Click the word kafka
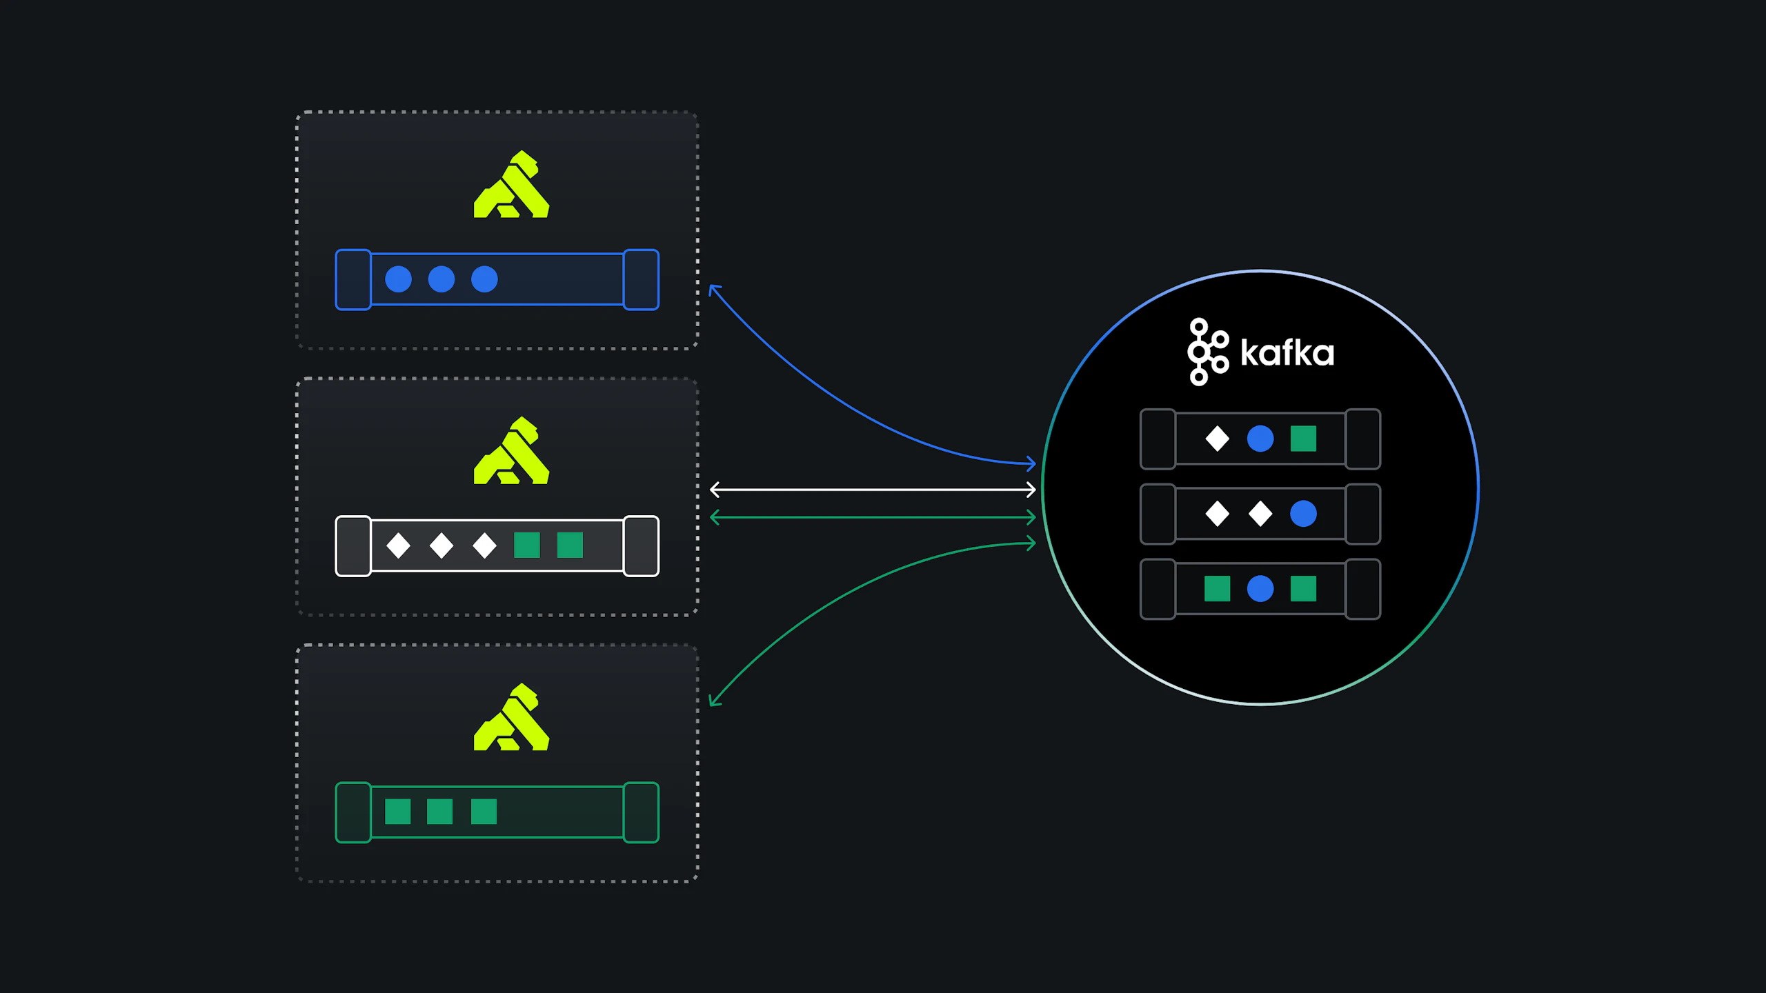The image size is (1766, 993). pos(1287,352)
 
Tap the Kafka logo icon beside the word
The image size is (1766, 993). pos(1207,352)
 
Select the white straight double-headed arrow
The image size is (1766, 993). pos(873,490)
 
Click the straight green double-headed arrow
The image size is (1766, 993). pos(873,517)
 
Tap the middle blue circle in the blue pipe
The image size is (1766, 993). pos(441,279)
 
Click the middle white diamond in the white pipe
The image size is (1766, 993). pos(441,545)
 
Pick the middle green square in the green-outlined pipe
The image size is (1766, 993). pos(439,812)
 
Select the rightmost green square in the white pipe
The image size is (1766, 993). pos(570,545)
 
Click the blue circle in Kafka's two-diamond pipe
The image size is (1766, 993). pos(1303,514)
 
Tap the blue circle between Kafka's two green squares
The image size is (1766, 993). pos(1260,589)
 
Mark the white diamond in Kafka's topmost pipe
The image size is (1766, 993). pos(1218,439)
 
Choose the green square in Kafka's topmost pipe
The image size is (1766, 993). pos(1303,439)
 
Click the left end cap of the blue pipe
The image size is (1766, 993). pos(353,280)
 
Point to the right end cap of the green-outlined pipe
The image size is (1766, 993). pos(642,812)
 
